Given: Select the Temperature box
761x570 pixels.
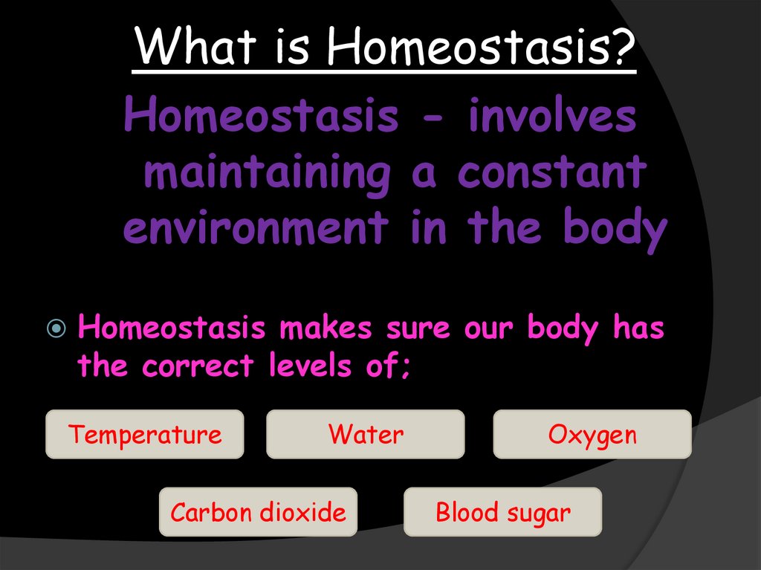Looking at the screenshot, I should point(145,434).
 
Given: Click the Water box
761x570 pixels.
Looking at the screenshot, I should point(366,434).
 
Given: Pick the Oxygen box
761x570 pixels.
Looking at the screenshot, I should point(592,434).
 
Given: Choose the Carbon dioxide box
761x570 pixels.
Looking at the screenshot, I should point(258,512).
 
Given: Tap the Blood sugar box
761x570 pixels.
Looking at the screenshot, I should point(503,512).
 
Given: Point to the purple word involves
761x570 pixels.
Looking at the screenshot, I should point(551,117).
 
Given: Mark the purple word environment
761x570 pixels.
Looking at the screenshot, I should point(255,227).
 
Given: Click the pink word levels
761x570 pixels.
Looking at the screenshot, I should point(306,366).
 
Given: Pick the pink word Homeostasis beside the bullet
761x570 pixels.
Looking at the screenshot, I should point(171,328).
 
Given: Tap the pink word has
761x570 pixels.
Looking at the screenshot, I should point(638,328).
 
